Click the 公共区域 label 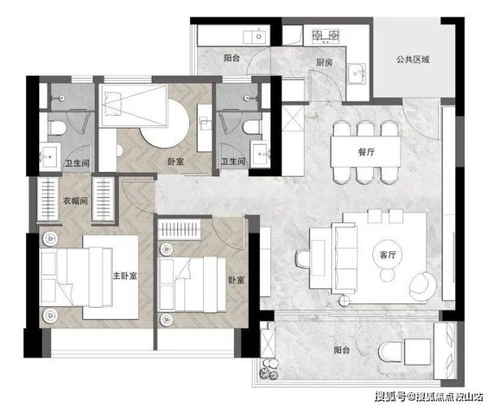click(412, 59)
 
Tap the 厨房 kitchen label click(324, 62)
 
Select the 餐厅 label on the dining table click(366, 152)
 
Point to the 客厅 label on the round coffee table click(388, 254)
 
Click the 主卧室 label click(125, 276)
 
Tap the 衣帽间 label click(75, 201)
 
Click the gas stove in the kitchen click(326, 35)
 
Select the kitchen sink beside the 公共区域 click(356, 73)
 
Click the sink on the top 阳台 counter click(256, 37)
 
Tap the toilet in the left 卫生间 click(57, 128)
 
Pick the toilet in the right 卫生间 click(252, 128)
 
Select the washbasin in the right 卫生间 click(260, 154)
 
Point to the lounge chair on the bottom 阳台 click(391, 352)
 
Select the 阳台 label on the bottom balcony click(342, 350)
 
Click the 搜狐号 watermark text click(391, 396)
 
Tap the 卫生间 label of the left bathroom click(77, 163)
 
